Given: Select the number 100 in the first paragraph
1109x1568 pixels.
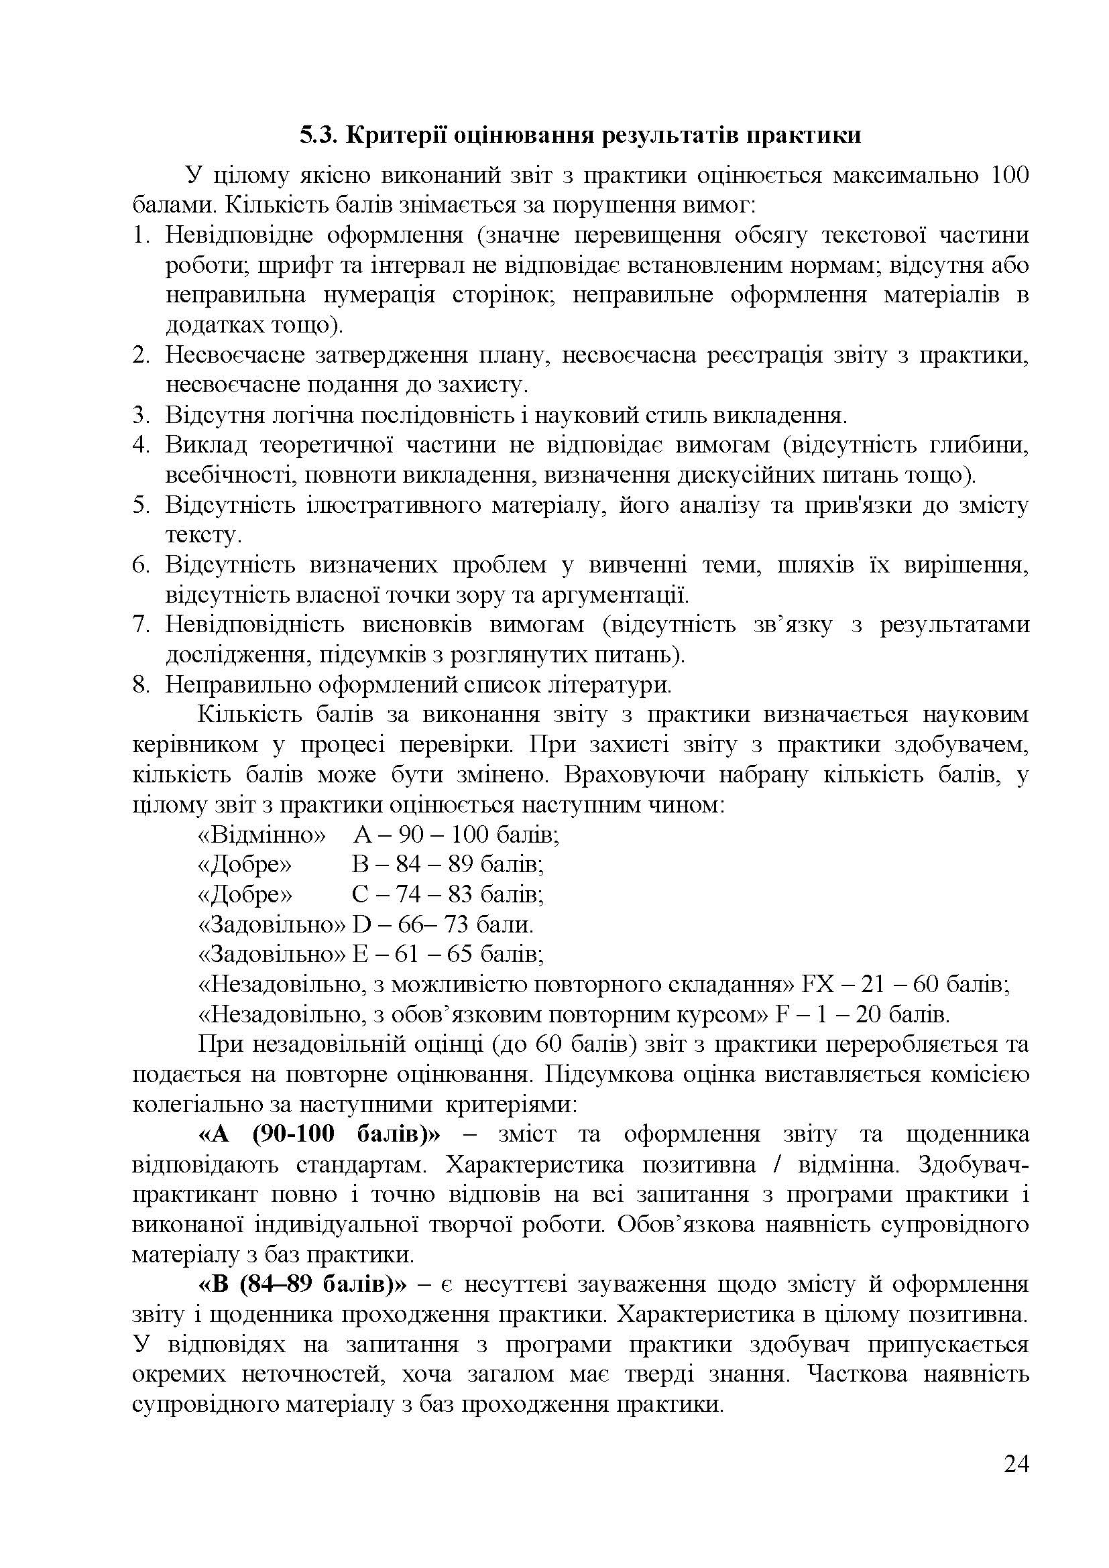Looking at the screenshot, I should point(1007,176).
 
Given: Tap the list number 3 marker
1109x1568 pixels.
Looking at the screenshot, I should point(141,415).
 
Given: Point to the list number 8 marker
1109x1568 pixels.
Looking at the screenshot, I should point(141,685).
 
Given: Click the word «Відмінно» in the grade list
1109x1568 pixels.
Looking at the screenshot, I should point(261,835).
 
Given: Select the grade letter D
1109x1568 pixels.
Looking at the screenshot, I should point(360,925).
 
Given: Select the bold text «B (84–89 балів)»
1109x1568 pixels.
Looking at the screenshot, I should point(302,1284).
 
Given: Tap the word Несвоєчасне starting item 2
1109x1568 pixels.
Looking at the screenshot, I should point(234,355).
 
